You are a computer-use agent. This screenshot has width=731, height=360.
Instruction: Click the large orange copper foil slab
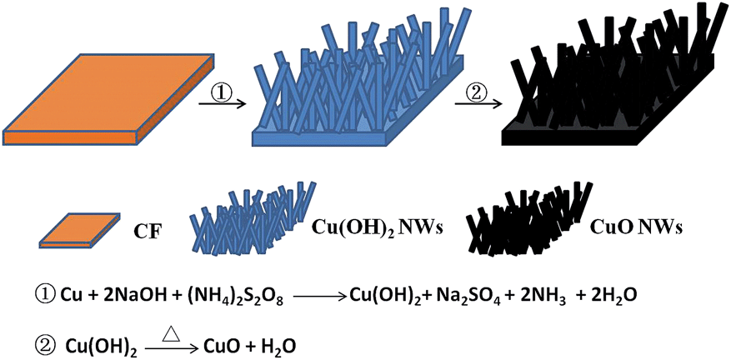click(x=108, y=98)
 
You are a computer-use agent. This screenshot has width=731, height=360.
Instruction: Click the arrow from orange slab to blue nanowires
click(x=223, y=104)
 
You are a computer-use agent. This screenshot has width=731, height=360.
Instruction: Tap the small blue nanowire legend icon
click(x=253, y=218)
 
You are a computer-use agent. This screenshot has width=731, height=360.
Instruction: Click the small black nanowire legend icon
click(x=528, y=218)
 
